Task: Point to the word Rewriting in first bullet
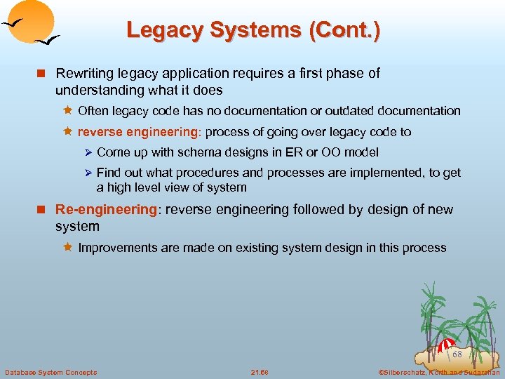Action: [x=83, y=74]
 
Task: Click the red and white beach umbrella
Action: [x=446, y=346]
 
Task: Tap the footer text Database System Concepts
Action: [x=50, y=372]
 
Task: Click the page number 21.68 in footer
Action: [x=260, y=372]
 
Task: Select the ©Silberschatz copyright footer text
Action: [x=438, y=372]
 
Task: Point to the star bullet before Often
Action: [x=68, y=111]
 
